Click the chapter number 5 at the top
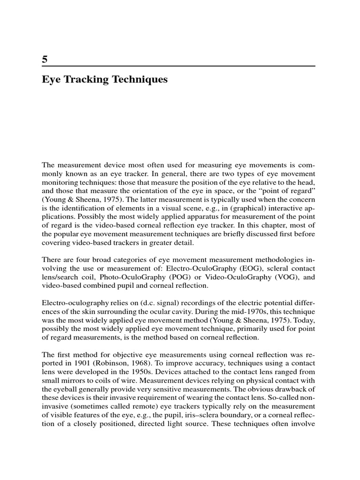(x=45, y=60)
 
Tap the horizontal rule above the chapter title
(x=179, y=66)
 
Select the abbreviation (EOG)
(x=241, y=268)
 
